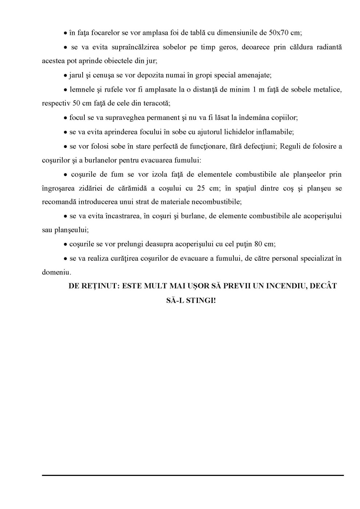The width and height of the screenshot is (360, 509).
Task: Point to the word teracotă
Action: (157, 103)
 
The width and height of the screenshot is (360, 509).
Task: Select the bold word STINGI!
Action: (201, 301)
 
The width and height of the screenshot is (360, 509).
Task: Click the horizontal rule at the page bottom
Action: (193, 475)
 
